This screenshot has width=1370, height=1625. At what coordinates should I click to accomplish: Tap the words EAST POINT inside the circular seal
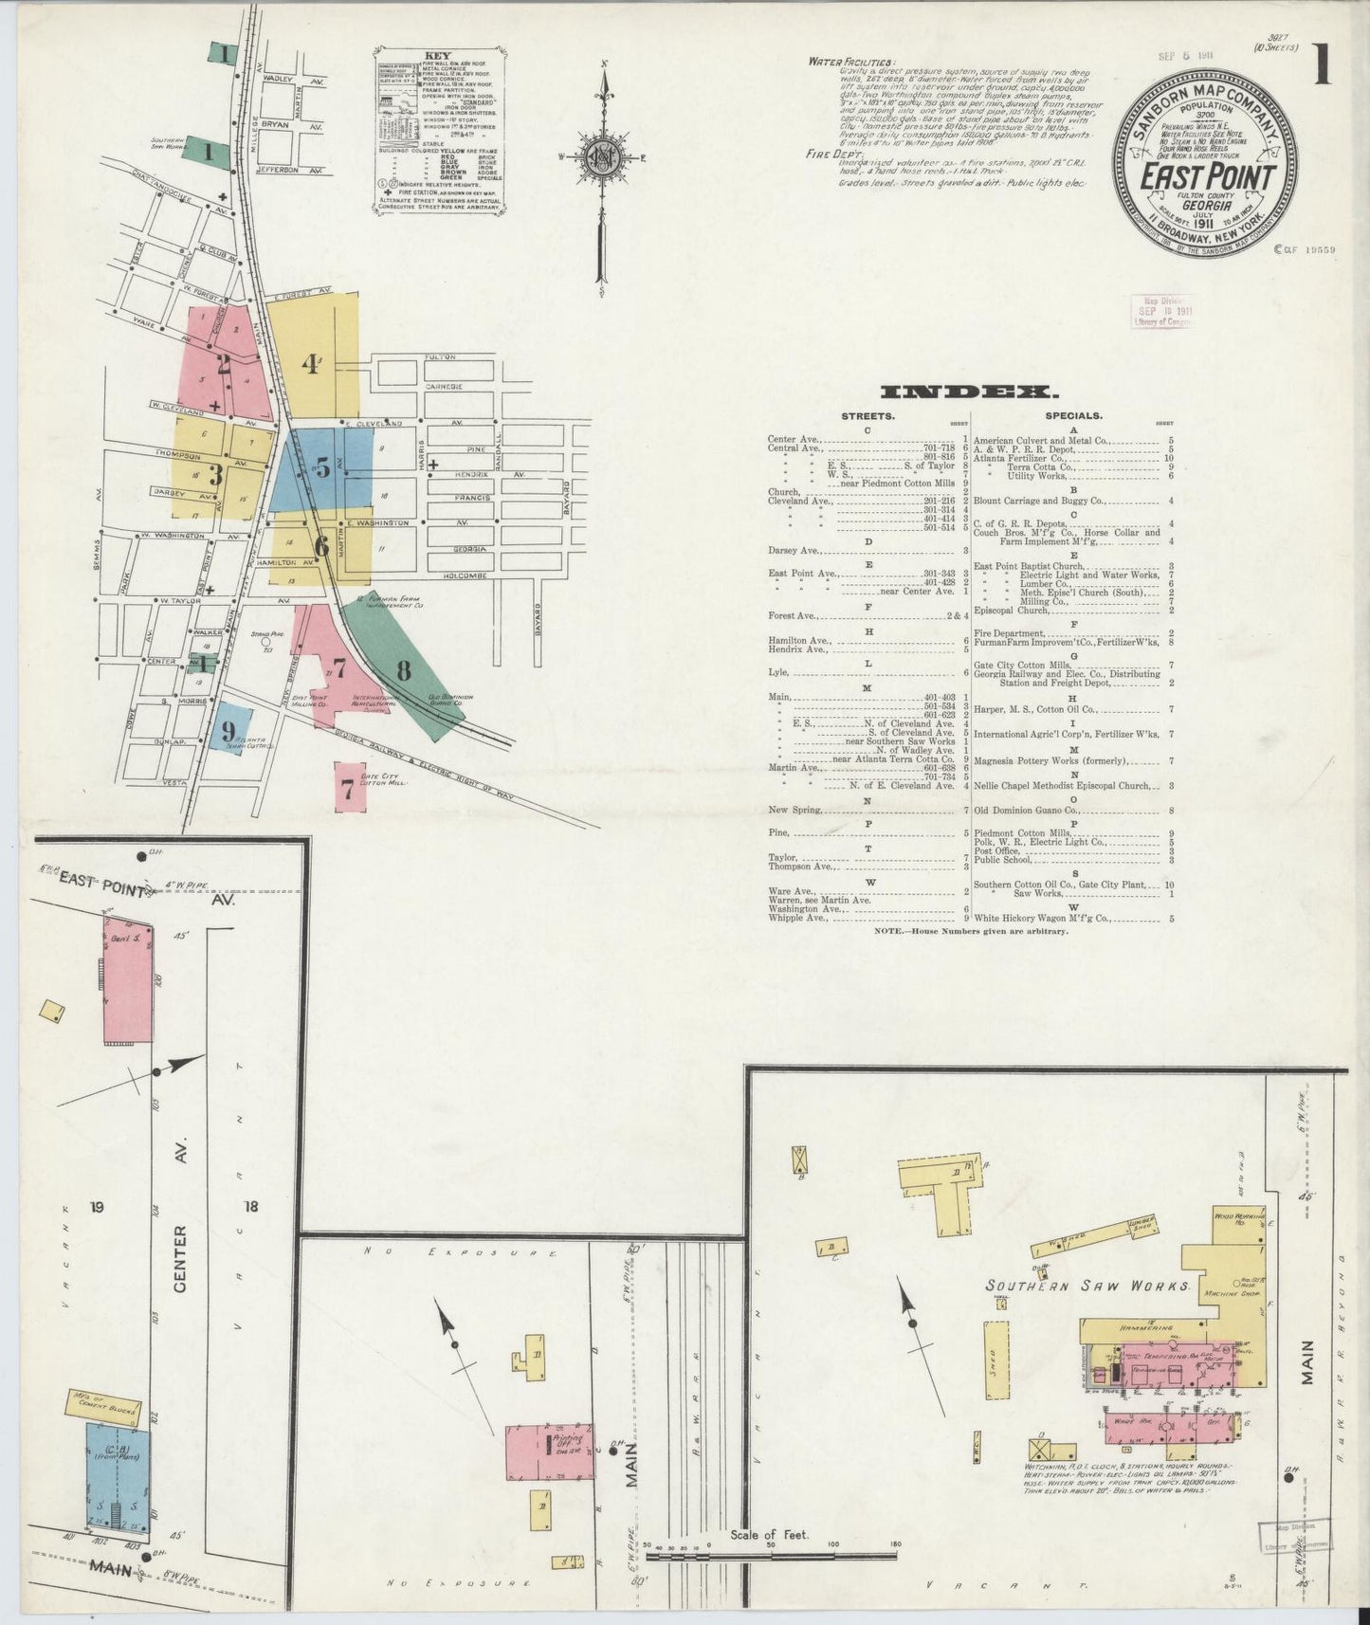pos(1206,177)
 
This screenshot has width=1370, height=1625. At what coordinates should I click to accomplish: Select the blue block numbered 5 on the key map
pos(321,468)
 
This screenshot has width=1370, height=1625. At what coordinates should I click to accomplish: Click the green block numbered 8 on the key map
pos(403,670)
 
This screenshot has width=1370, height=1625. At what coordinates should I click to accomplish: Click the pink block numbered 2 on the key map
pos(225,361)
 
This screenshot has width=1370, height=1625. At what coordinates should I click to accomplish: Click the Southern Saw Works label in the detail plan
pos(1086,1287)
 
